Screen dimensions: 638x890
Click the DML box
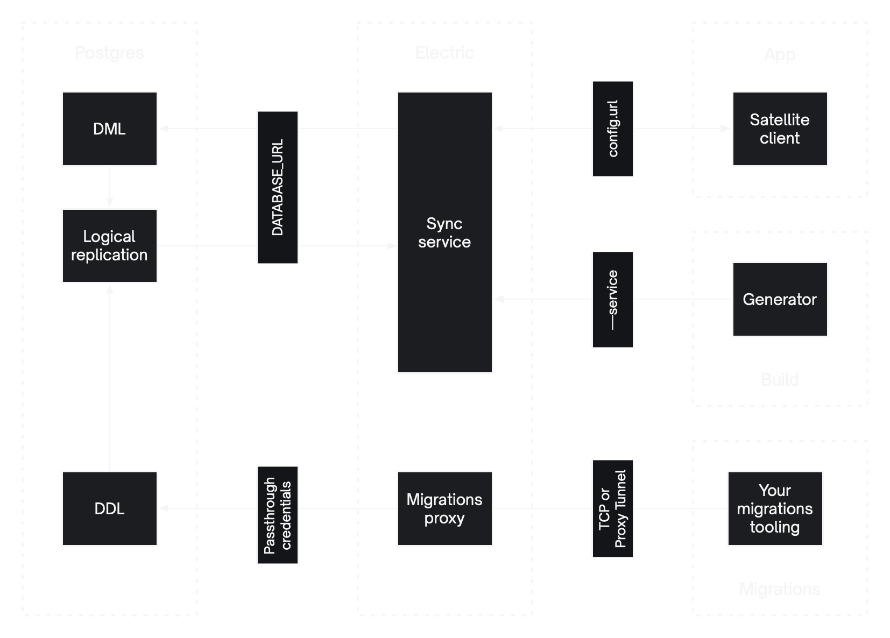pyautogui.click(x=109, y=129)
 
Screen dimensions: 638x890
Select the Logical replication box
pyautogui.click(x=109, y=246)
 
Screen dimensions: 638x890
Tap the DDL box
pyautogui.click(x=109, y=508)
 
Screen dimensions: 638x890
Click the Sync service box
pyautogui.click(x=444, y=232)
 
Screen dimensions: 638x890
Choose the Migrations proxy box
pyautogui.click(x=444, y=508)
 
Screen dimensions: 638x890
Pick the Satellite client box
pyautogui.click(x=780, y=129)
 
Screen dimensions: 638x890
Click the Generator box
pyautogui.click(x=780, y=299)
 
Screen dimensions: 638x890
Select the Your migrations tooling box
pyautogui.click(x=775, y=508)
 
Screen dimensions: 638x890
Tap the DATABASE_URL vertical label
pyautogui.click(x=278, y=187)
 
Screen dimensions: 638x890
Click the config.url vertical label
pyautogui.click(x=613, y=129)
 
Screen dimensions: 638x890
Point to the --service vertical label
pyautogui.click(x=613, y=299)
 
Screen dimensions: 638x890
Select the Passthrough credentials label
pyautogui.click(x=278, y=515)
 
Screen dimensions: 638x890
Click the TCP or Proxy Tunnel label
pyautogui.click(x=613, y=508)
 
